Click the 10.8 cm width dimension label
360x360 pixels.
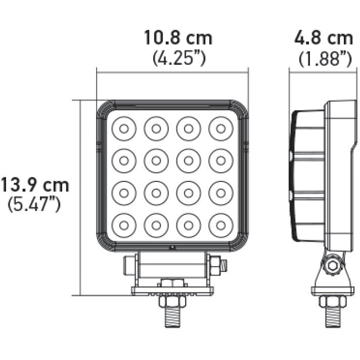click(x=178, y=38)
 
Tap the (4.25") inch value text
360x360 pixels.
click(x=178, y=58)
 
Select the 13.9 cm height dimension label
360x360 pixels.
click(x=34, y=185)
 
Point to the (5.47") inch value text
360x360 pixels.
click(x=34, y=205)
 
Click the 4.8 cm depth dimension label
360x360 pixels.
click(x=324, y=38)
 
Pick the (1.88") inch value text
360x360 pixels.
click(x=325, y=59)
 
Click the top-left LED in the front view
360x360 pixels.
click(x=123, y=128)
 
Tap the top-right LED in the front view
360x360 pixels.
click(x=220, y=128)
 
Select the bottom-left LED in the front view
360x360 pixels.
click(x=123, y=224)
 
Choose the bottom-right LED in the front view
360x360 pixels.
click(x=220, y=224)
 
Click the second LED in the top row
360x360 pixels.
click(x=155, y=128)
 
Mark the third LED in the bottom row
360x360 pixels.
click(x=188, y=224)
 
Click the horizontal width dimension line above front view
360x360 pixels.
click(x=172, y=72)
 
